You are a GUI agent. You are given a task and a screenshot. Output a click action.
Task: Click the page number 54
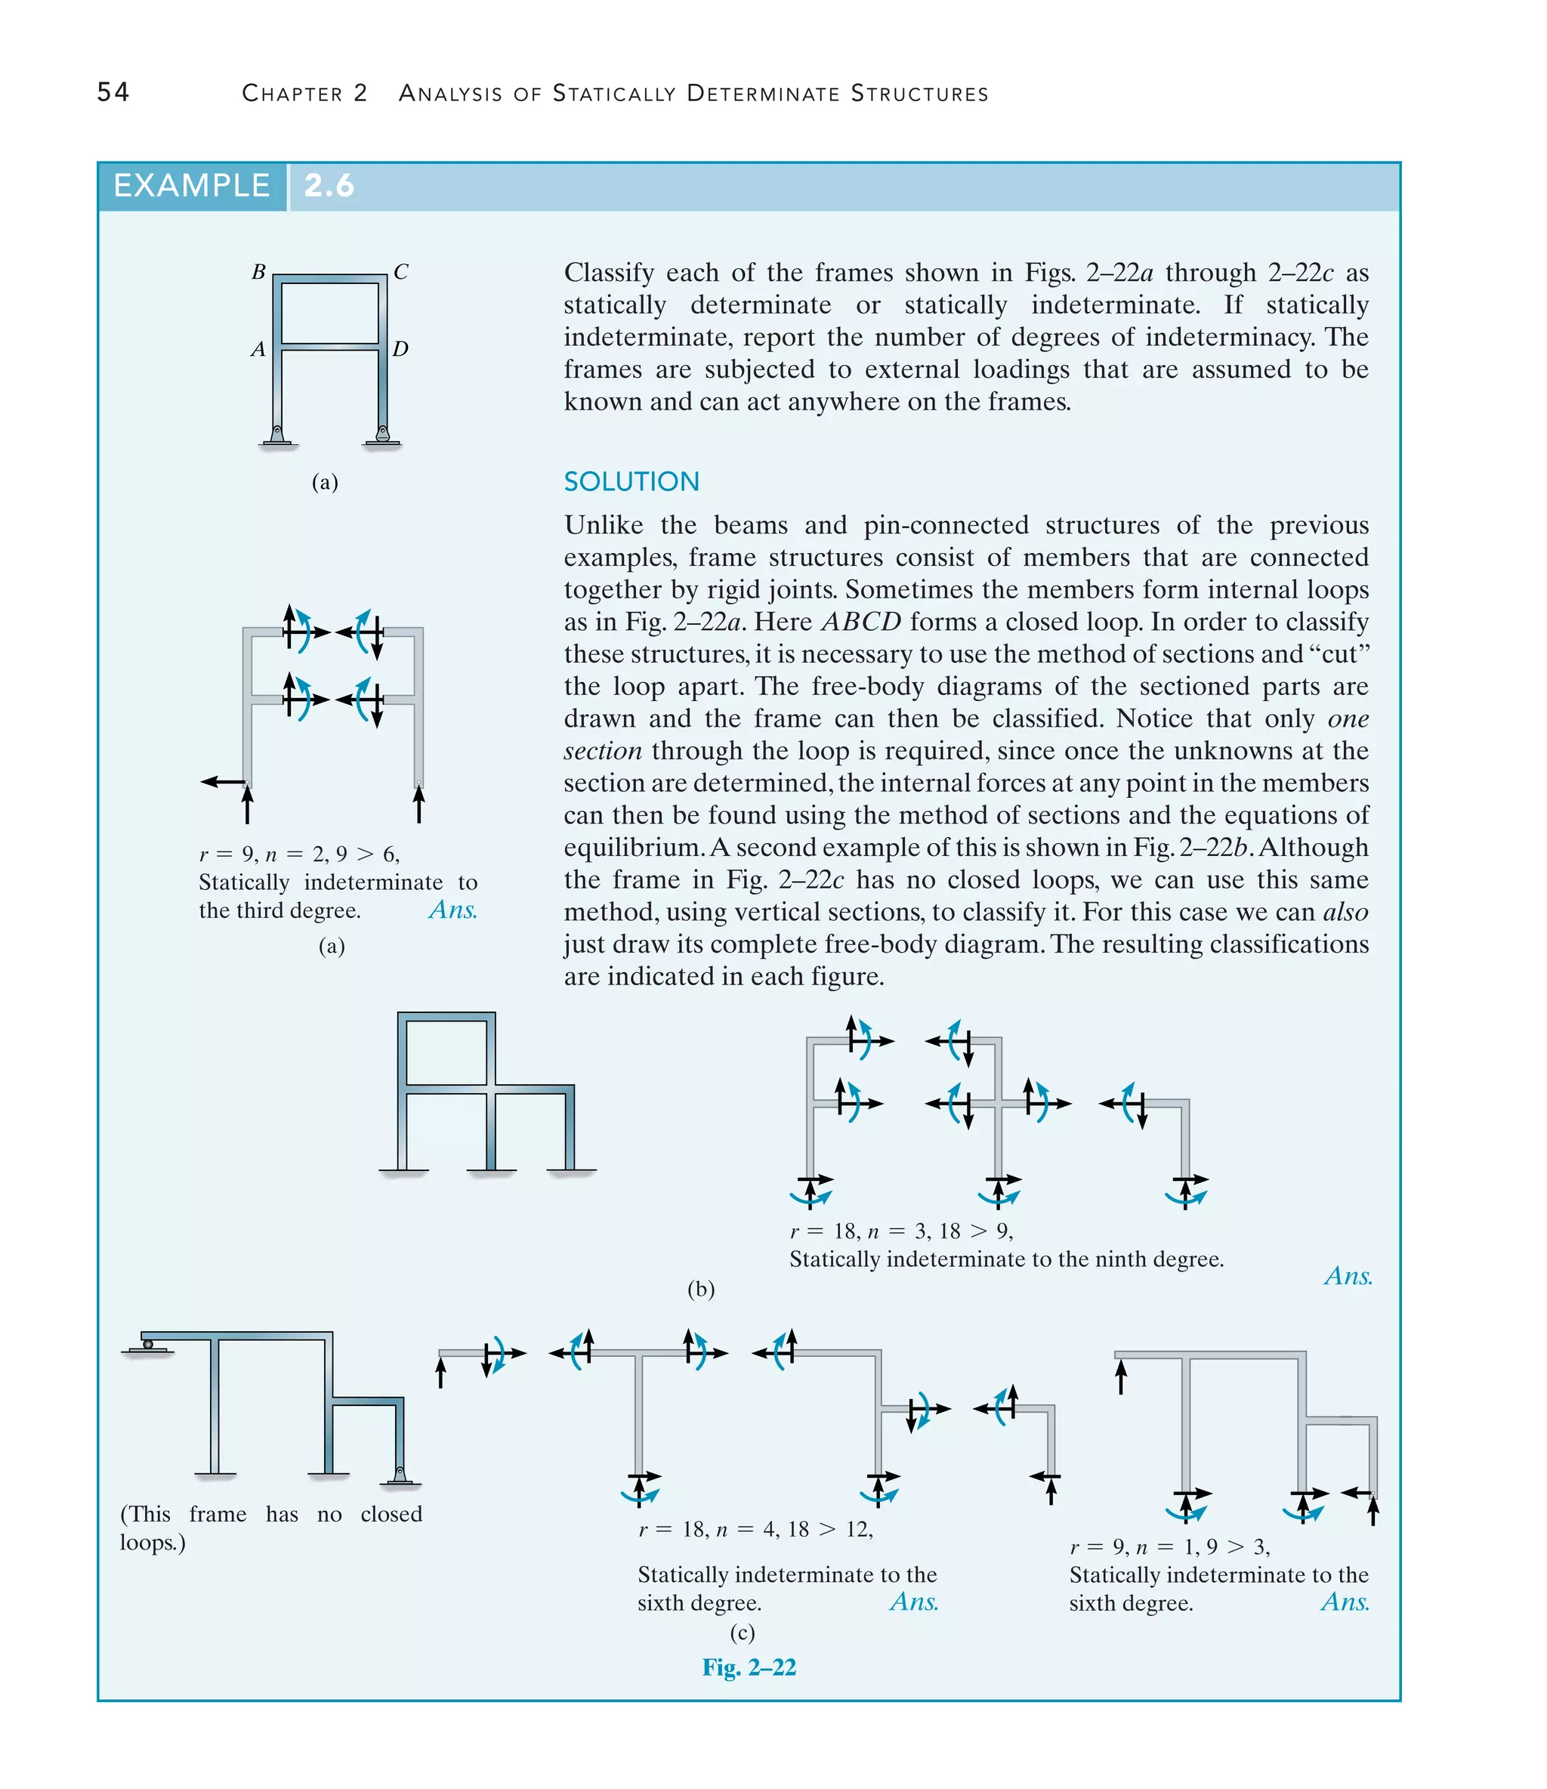coord(113,92)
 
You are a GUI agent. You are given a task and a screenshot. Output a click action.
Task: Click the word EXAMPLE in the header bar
coord(191,186)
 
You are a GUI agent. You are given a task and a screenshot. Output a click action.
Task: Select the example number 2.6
coord(329,186)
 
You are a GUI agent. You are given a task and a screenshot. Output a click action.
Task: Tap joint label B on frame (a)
coord(258,272)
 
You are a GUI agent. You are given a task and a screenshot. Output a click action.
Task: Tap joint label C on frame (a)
coord(400,272)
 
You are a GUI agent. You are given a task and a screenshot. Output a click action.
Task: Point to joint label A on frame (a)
coord(258,350)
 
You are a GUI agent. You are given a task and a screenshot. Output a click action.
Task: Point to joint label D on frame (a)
coord(400,349)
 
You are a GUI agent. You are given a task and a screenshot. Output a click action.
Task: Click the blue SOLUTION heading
coord(631,482)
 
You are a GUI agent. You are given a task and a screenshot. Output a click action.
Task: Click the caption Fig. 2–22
coord(749,1667)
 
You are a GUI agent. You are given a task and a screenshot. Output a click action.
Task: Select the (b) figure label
coord(700,1289)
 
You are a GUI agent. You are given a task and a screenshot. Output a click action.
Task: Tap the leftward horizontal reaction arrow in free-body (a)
coord(222,782)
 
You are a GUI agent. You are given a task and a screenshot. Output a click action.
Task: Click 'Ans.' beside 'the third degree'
coord(452,910)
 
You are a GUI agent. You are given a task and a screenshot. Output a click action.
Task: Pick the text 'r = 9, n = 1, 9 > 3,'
coord(1170,1546)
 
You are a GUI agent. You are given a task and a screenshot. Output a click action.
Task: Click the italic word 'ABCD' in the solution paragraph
coord(860,622)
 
